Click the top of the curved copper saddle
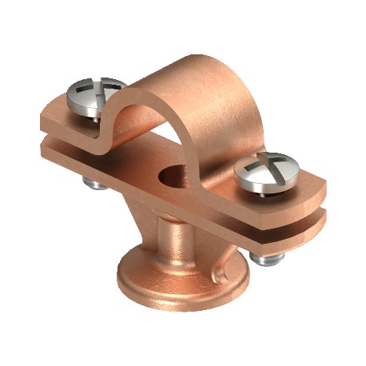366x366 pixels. [x=192, y=76]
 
